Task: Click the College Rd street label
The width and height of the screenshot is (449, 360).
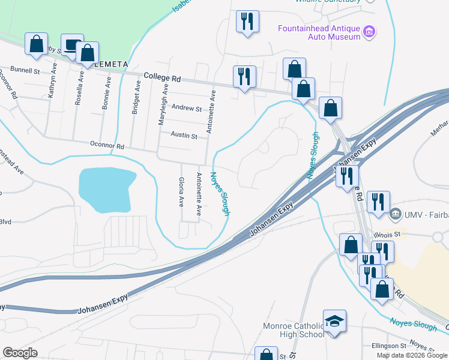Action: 162,77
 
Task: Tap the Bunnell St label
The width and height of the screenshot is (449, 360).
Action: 25,70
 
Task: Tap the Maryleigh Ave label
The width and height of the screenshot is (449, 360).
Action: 161,104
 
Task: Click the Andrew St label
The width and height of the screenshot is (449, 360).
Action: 187,109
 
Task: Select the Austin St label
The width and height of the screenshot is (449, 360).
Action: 184,136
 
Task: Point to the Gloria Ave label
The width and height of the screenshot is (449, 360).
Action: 181,192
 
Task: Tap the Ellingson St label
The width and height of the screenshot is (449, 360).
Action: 388,346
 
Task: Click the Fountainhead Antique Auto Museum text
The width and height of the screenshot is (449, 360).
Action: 318,32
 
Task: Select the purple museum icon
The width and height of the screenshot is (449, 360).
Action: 370,30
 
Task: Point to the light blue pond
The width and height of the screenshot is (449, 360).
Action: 106,189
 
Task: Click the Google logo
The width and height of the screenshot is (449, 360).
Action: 20,352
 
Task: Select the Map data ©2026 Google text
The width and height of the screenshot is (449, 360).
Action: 412,355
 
